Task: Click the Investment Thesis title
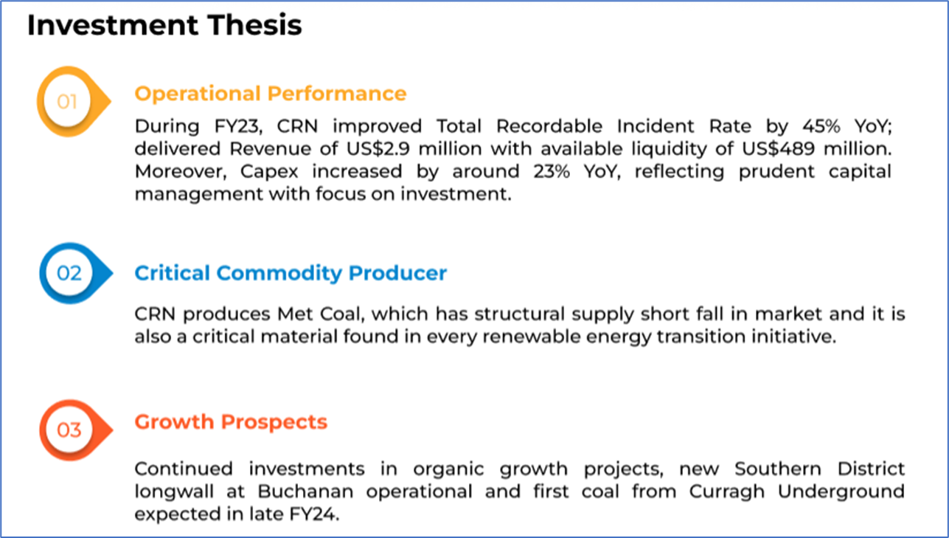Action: tap(164, 25)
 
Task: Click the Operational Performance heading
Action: tap(271, 94)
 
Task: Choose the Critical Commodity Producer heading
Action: tap(291, 273)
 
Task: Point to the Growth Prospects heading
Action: tap(231, 422)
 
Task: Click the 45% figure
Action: tap(821, 126)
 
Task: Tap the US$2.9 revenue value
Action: tap(378, 149)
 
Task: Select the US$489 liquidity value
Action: tap(778, 149)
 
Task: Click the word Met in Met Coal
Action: tap(294, 314)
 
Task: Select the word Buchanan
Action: tap(305, 492)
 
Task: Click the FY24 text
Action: tap(314, 514)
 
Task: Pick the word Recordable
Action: tap(549, 126)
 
